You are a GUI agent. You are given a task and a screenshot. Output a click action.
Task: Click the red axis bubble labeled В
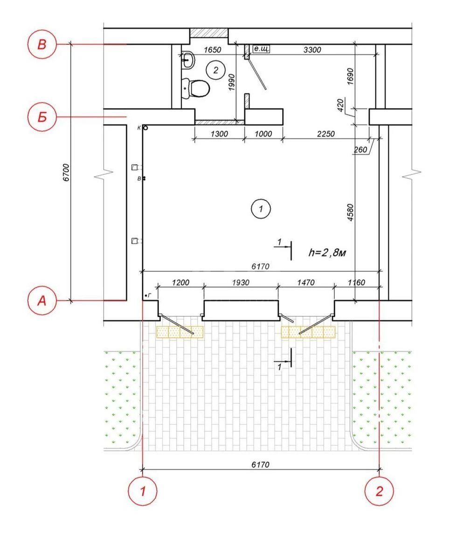click(42, 44)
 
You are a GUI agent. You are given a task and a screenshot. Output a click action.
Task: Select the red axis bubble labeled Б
click(42, 117)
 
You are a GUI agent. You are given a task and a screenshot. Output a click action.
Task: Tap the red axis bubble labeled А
click(42, 300)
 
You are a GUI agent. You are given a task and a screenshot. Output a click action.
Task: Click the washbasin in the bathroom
click(187, 60)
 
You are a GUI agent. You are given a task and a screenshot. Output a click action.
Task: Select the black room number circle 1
click(261, 209)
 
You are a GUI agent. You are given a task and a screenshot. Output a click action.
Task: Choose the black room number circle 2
click(216, 70)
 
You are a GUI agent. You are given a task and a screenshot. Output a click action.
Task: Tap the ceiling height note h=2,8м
click(327, 252)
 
